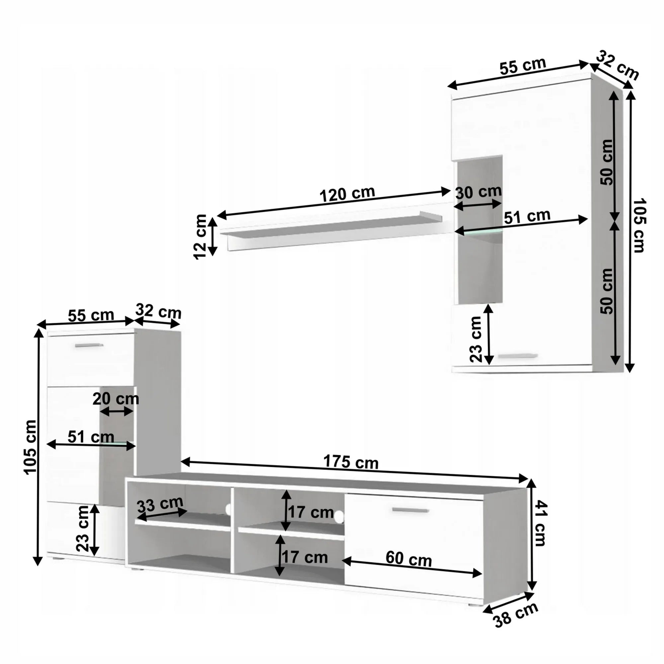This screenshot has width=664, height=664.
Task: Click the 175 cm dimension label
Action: pos(351,462)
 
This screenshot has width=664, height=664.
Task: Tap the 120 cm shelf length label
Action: pos(347,194)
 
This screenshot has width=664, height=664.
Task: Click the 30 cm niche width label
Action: pos(478,193)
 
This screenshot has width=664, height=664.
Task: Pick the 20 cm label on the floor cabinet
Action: pos(116,399)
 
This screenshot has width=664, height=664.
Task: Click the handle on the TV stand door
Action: pos(410,510)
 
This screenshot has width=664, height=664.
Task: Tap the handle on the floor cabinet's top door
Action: pos(89,345)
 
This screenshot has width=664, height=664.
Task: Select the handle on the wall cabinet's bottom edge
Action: pos(518,356)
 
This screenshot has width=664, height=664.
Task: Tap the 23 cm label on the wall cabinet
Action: pos(476,339)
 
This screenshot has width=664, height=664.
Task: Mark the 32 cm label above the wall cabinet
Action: pos(617,69)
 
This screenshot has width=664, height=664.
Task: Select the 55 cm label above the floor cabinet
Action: pos(91,315)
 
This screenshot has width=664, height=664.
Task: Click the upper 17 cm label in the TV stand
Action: pos(311,512)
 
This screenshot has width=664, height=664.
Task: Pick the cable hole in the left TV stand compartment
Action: pos(228,509)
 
